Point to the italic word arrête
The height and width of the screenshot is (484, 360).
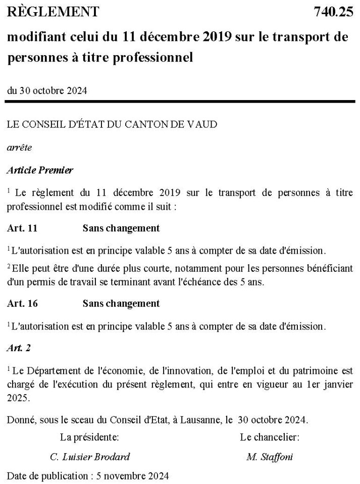19,148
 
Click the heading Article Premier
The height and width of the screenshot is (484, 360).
40,170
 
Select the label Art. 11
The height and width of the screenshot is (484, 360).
23,228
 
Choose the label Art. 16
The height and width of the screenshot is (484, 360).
23,304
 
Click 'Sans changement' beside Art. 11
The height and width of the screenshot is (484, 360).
121,228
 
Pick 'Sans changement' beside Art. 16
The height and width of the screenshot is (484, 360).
121,304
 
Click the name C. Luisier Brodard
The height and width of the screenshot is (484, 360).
90,457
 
